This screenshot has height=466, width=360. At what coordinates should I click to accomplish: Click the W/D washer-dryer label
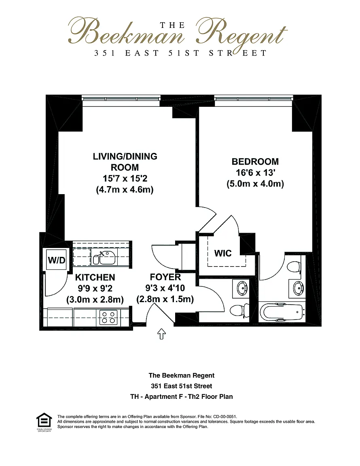(57, 261)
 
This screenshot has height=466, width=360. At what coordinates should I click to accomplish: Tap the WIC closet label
(222, 253)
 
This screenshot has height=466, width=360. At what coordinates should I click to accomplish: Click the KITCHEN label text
(95, 277)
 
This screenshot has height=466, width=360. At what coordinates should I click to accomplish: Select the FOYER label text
(165, 277)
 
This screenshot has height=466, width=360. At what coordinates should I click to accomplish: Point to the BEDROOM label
(255, 162)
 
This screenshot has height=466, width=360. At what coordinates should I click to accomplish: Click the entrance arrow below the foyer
(161, 334)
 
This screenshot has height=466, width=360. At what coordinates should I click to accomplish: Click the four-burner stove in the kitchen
(108, 317)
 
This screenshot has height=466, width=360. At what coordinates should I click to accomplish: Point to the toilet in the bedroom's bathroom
(294, 266)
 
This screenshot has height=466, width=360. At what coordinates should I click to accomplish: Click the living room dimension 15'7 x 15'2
(125, 178)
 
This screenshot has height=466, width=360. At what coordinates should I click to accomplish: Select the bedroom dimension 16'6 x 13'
(255, 173)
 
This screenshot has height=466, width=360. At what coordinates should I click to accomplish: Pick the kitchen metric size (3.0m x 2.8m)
(95, 299)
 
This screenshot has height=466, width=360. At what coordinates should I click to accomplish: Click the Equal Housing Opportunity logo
(44, 422)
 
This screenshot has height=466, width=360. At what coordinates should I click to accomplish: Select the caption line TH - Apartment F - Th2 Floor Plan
(181, 396)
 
